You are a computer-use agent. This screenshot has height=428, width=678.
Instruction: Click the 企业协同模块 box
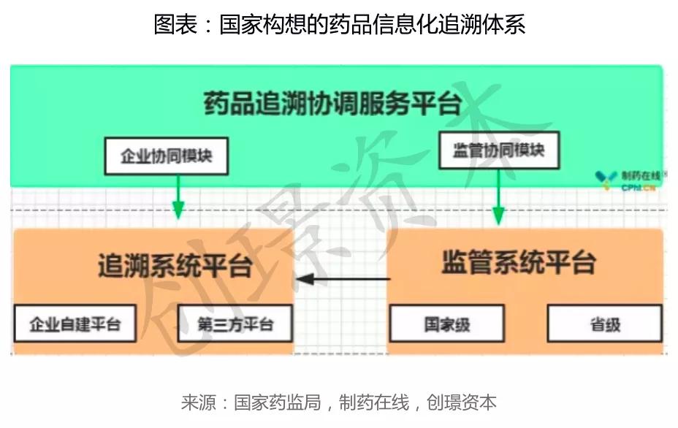(x=167, y=156)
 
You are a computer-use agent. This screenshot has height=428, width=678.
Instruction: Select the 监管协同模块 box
(x=499, y=150)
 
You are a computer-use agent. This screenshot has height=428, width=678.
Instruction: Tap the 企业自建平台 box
(x=75, y=324)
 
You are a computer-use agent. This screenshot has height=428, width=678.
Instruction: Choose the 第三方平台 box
(x=235, y=324)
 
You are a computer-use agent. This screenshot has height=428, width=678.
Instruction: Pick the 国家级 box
(x=447, y=324)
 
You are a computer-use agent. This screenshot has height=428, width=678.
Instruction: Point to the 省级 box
(x=605, y=324)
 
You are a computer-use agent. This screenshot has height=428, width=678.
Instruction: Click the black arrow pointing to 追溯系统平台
(x=343, y=279)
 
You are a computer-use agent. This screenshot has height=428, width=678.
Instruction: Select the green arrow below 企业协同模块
(x=178, y=196)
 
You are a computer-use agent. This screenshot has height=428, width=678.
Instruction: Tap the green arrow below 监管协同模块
(x=498, y=196)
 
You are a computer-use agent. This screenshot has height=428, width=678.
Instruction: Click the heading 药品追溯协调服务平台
(x=332, y=104)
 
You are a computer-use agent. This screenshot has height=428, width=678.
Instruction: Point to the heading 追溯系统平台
(x=175, y=265)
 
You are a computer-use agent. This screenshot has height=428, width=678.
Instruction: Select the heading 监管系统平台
(x=519, y=262)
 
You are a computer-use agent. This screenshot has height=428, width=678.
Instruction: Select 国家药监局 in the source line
(x=278, y=402)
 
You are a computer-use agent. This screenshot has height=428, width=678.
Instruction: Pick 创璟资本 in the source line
(x=461, y=402)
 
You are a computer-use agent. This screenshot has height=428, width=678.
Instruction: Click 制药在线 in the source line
(x=374, y=402)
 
